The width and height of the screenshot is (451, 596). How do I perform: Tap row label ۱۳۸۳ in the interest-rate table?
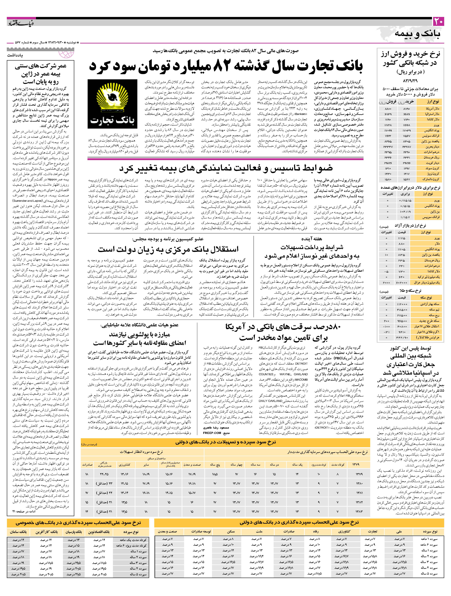[359, 504]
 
